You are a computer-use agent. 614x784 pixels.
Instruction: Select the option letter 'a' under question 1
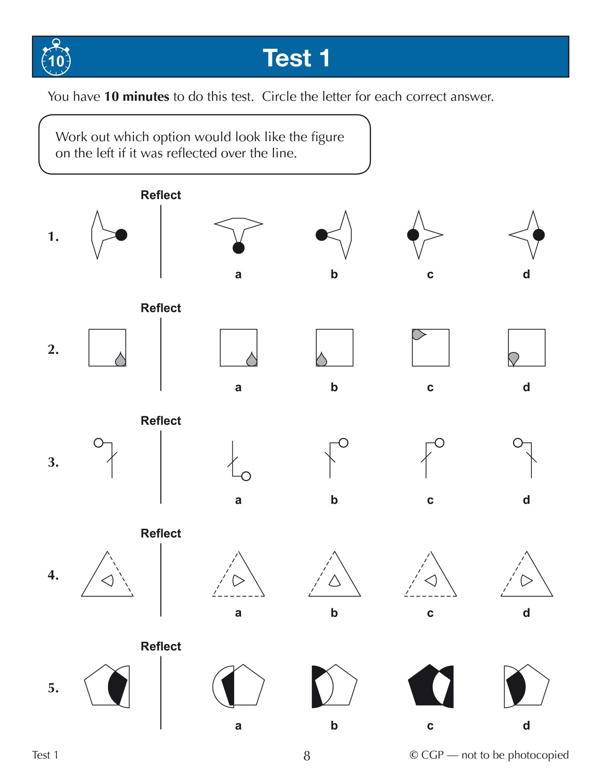tap(238, 275)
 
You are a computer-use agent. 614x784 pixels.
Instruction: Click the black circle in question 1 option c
tap(413, 235)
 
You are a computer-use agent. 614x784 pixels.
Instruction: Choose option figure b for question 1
tap(334, 235)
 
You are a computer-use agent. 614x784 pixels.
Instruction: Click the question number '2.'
tap(53, 349)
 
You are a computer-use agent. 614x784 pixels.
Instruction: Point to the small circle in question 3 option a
tap(246, 476)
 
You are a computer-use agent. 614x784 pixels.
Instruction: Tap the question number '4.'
tap(53, 575)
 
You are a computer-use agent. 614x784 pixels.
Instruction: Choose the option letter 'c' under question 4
tap(430, 613)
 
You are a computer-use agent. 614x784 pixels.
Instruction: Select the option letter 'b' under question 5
tap(334, 725)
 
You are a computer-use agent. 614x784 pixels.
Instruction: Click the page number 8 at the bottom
tap(307, 756)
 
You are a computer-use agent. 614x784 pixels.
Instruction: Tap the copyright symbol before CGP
tap(414, 755)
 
